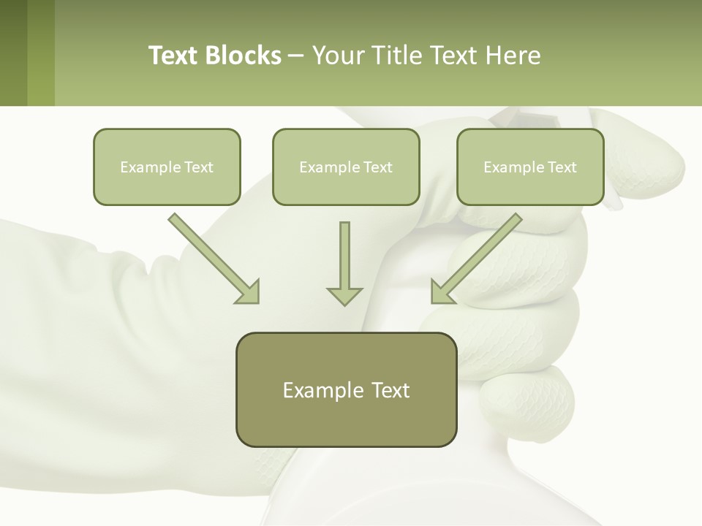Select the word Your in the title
[336, 56]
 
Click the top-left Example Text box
[167, 167]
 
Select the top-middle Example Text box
[346, 167]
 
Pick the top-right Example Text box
[530, 167]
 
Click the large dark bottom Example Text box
[346, 389]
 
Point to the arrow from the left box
[212, 256]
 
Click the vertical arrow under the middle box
[344, 259]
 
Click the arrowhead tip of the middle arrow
[344, 302]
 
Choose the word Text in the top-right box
[562, 167]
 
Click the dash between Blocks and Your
[296, 56]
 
